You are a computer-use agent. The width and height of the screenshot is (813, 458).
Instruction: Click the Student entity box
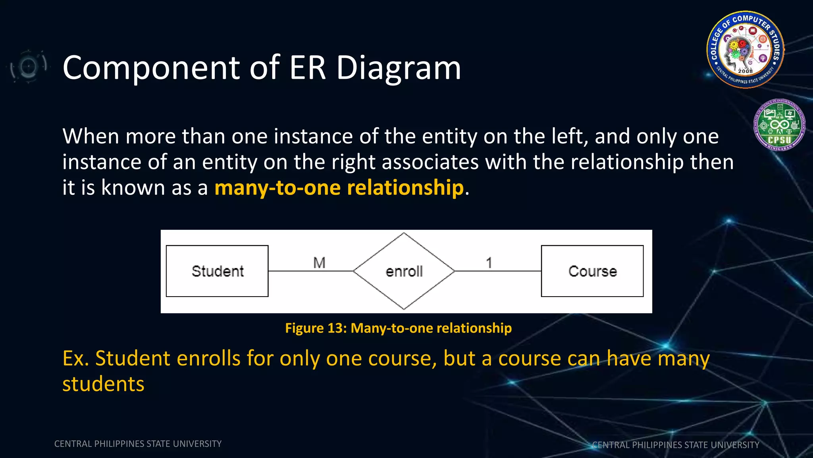217,271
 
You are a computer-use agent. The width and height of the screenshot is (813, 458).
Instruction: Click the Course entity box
592,271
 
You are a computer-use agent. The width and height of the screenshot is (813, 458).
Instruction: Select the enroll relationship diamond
404,271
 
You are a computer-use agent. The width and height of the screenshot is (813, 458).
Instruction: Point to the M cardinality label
319,263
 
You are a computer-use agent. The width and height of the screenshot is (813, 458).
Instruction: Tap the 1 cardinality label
489,263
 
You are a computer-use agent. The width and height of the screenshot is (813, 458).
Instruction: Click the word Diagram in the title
399,68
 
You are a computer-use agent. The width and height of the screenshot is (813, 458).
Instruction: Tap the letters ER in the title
308,68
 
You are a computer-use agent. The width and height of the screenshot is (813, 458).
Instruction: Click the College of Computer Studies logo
745,50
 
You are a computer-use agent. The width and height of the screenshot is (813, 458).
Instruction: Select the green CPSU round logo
779,125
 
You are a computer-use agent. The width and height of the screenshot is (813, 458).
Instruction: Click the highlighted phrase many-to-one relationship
339,188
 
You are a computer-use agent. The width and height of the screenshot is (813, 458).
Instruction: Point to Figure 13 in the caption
316,328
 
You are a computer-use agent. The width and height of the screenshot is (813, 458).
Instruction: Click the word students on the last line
103,384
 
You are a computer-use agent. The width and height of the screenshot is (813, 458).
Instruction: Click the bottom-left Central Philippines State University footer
138,444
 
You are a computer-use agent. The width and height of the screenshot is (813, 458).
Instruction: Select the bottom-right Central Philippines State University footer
675,445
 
